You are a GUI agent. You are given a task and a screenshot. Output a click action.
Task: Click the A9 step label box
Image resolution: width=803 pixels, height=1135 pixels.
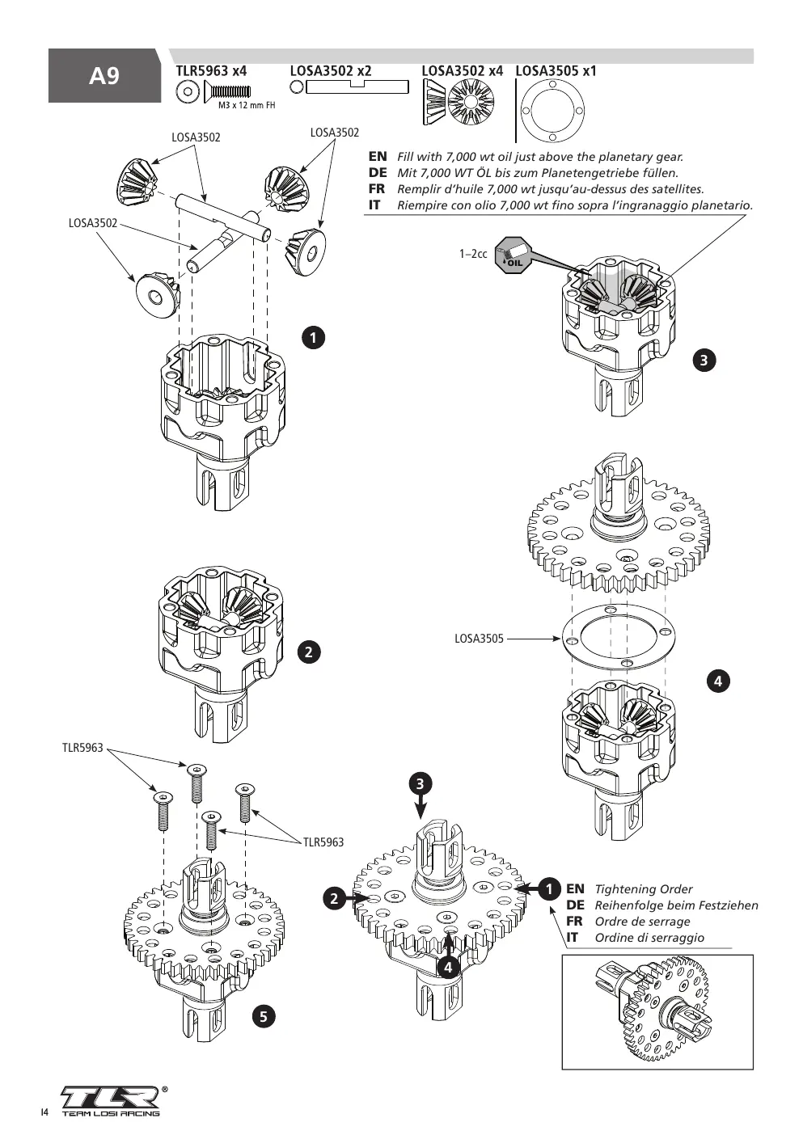pyautogui.click(x=104, y=75)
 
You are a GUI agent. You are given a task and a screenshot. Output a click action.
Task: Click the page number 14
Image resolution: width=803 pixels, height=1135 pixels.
pyautogui.click(x=44, y=1112)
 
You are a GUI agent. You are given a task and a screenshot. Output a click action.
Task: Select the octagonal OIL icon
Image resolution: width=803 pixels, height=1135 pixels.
pyautogui.click(x=513, y=255)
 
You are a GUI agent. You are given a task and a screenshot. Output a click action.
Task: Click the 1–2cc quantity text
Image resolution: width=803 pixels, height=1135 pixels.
pyautogui.click(x=473, y=254)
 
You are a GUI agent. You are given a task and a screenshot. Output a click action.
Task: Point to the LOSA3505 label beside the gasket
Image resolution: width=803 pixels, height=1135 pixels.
pyautogui.click(x=479, y=639)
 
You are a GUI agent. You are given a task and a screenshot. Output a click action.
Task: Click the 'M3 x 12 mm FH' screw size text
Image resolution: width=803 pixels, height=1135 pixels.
pyautogui.click(x=247, y=105)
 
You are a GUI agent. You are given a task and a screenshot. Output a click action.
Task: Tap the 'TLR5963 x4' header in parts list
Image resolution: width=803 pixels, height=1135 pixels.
pyautogui.click(x=211, y=71)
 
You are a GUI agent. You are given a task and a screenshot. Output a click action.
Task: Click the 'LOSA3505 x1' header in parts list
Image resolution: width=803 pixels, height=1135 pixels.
pyautogui.click(x=556, y=71)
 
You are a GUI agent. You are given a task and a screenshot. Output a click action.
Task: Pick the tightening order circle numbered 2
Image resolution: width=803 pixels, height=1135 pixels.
pyautogui.click(x=334, y=899)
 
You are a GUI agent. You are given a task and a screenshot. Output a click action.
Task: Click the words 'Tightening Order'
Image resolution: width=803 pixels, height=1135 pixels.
pyautogui.click(x=644, y=889)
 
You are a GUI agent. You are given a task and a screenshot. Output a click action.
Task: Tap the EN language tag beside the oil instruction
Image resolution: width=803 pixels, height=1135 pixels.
pyautogui.click(x=378, y=156)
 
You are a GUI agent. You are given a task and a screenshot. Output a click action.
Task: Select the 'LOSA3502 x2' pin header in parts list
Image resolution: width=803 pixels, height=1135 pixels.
pyautogui.click(x=331, y=71)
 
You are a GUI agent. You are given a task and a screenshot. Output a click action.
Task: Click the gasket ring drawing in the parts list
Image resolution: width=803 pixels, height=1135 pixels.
pyautogui.click(x=552, y=110)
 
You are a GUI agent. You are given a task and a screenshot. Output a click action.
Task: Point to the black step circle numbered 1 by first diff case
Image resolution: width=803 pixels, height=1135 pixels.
pyautogui.click(x=313, y=337)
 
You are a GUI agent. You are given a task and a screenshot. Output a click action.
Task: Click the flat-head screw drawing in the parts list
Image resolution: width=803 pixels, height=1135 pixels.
pyautogui.click(x=227, y=91)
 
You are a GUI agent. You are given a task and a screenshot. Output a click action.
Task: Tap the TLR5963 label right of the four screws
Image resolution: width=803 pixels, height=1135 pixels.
pyautogui.click(x=323, y=842)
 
